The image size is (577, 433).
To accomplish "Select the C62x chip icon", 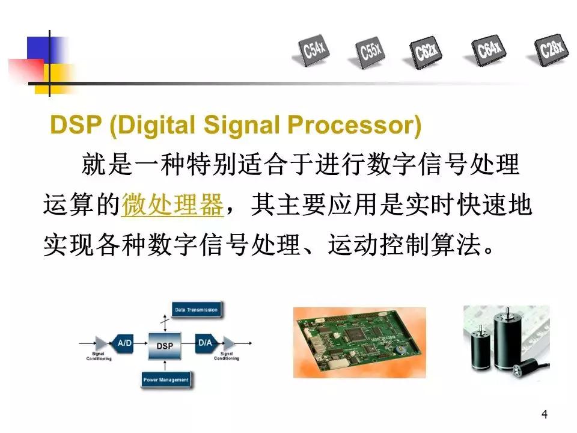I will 427,51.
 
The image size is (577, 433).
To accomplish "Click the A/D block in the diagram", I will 124,343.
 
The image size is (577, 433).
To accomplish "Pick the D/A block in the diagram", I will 206,343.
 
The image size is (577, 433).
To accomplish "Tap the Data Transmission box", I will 195,310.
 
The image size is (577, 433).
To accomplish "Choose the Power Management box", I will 166,379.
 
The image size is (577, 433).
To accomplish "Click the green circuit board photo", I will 359,342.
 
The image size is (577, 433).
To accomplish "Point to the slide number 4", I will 545,414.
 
